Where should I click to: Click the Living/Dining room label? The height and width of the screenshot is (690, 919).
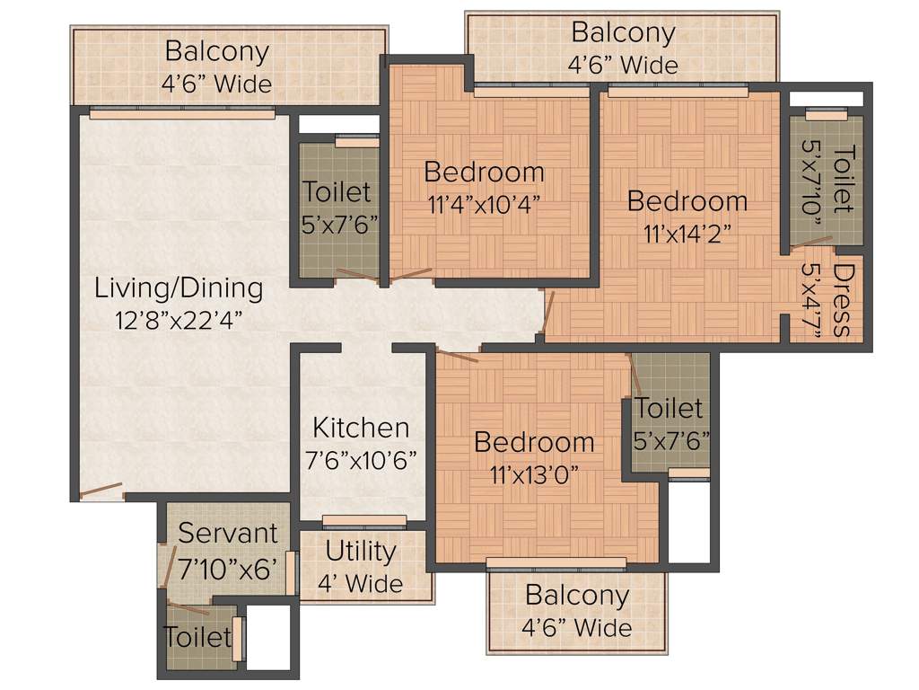pyautogui.click(x=179, y=288)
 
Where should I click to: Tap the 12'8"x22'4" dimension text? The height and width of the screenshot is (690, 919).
pyautogui.click(x=179, y=319)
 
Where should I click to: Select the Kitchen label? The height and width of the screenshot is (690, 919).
pyautogui.click(x=361, y=428)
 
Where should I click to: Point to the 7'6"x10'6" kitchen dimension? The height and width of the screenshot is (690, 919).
pyautogui.click(x=361, y=460)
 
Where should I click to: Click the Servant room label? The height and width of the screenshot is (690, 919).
pyautogui.click(x=228, y=533)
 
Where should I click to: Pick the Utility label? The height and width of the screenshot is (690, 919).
pyautogui.click(x=361, y=551)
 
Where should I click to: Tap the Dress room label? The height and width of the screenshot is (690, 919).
pyautogui.click(x=842, y=301)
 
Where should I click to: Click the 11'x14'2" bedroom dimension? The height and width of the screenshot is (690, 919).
pyautogui.click(x=687, y=233)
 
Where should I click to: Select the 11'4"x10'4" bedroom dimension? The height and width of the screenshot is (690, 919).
pyautogui.click(x=485, y=203)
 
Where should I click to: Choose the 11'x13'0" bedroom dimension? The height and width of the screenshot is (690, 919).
pyautogui.click(x=534, y=473)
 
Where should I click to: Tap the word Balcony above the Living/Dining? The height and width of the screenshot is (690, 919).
pyautogui.click(x=216, y=51)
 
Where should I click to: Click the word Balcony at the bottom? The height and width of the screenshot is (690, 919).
pyautogui.click(x=577, y=596)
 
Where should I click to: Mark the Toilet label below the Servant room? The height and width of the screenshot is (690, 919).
pyautogui.click(x=197, y=637)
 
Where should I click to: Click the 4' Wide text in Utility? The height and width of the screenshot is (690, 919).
pyautogui.click(x=361, y=583)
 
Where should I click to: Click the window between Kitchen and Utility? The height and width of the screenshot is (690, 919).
pyautogui.click(x=363, y=521)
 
